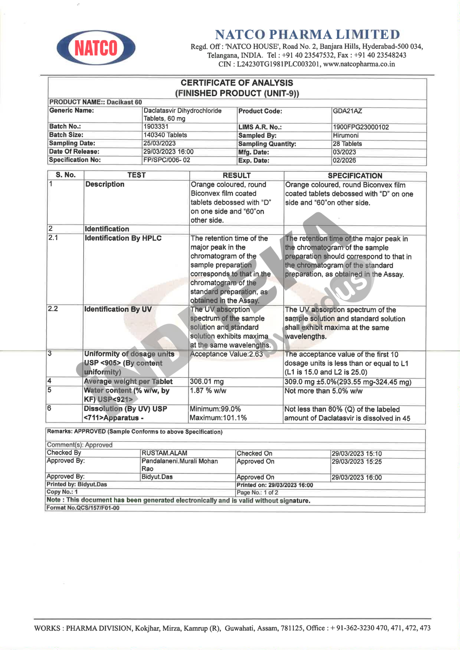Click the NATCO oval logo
[96, 48]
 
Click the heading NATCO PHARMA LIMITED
[307, 34]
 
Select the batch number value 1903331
[156, 126]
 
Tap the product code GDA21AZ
[347, 111]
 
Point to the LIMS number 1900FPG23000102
[360, 127]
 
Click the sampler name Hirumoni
[345, 135]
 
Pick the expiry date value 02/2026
[344, 161]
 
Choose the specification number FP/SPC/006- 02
[167, 160]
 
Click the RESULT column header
[237, 175]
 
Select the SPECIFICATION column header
[355, 176]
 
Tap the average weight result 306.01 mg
[207, 382]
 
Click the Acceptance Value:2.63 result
[226, 354]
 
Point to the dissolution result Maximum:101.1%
[218, 418]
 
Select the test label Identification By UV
[118, 309]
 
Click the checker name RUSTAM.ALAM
[164, 453]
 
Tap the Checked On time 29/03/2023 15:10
[357, 454]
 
